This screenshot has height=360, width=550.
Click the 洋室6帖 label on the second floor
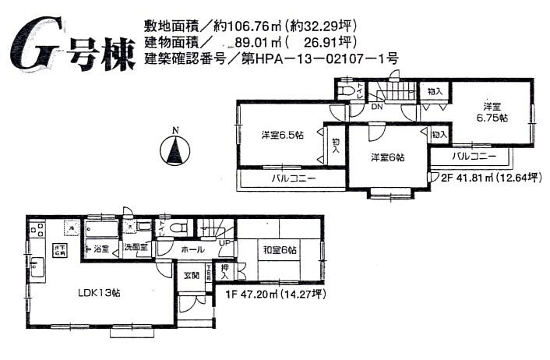click(x=386, y=157)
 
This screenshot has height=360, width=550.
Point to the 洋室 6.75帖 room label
click(x=493, y=111)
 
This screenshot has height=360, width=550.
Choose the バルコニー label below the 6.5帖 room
click(x=293, y=178)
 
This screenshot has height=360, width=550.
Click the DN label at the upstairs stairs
click(x=376, y=107)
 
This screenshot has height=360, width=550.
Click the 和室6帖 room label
click(x=278, y=250)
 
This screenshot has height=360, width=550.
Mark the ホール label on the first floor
click(x=192, y=250)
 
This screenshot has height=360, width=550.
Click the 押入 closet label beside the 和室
click(x=225, y=272)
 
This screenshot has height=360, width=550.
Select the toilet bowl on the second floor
click(x=348, y=91)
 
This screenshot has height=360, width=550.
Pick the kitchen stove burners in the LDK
click(x=36, y=230)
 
